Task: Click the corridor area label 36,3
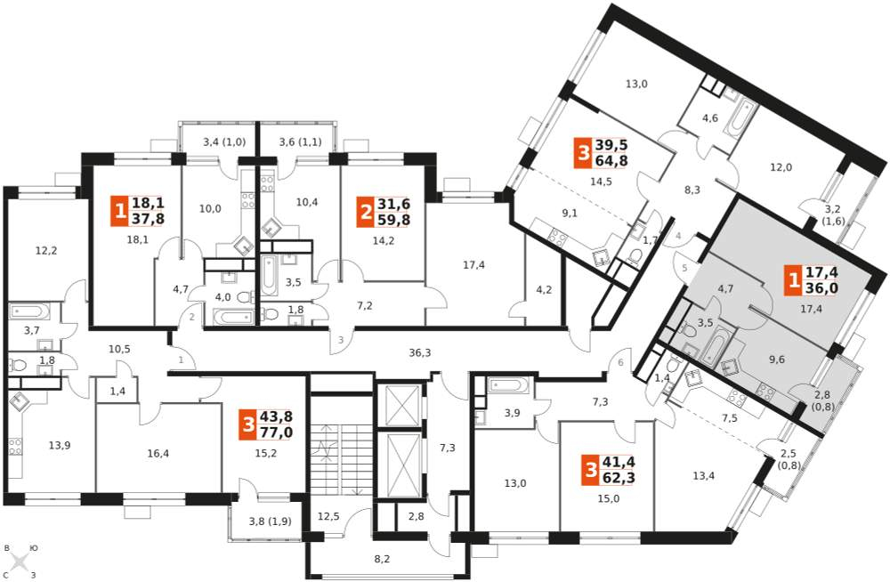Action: coord(419,353)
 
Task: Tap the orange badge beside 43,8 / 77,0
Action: coord(247,424)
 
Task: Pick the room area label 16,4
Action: coord(158,453)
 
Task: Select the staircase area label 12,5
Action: coord(328,516)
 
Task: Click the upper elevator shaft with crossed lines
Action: coord(402,405)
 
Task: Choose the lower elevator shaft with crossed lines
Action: coord(402,465)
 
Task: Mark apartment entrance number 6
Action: coord(621,363)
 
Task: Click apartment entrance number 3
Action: coord(341,341)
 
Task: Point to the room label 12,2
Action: coord(46,251)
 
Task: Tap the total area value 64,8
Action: coord(611,161)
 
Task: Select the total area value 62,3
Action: coord(619,478)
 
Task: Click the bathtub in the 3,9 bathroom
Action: coord(507,385)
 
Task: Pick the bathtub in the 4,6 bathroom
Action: coord(738,120)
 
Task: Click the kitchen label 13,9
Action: coord(59,446)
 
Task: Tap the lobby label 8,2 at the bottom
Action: coord(383,559)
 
